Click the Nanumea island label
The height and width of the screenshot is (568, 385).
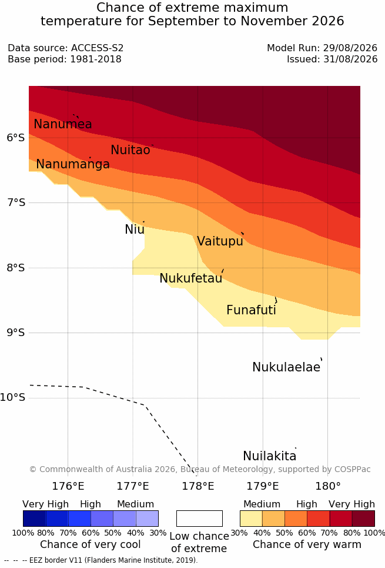pyautogui.click(x=62, y=124)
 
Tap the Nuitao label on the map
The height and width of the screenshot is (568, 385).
pyautogui.click(x=130, y=150)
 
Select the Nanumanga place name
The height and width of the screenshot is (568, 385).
pyautogui.click(x=73, y=164)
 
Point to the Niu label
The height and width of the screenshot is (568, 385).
pyautogui.click(x=135, y=229)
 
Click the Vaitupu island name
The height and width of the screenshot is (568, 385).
pyautogui.click(x=220, y=241)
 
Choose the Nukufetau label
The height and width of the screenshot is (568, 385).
pyautogui.click(x=190, y=278)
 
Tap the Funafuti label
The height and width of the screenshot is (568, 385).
pyautogui.click(x=251, y=310)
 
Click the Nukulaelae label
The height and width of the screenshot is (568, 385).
pyautogui.click(x=286, y=367)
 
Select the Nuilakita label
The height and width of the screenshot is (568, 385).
pyautogui.click(x=270, y=456)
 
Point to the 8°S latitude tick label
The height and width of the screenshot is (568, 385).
pyautogui.click(x=16, y=268)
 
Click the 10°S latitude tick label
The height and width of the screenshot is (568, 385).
pyautogui.click(x=13, y=397)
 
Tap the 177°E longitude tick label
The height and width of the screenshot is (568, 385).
pyautogui.click(x=133, y=486)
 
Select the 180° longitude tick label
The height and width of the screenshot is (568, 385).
pyautogui.click(x=328, y=486)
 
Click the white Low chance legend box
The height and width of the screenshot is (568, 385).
pyautogui.click(x=199, y=519)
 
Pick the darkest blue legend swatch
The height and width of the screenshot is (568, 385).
pyautogui.click(x=34, y=519)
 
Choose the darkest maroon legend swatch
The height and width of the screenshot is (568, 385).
pyautogui.click(x=363, y=519)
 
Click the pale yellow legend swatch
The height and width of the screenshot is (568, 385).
pyautogui.click(x=251, y=519)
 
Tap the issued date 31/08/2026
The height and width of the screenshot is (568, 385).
pyautogui.click(x=350, y=59)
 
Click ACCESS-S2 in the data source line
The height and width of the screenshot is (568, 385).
pyautogui.click(x=98, y=48)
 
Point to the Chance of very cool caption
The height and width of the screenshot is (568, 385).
pyautogui.click(x=91, y=544)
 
